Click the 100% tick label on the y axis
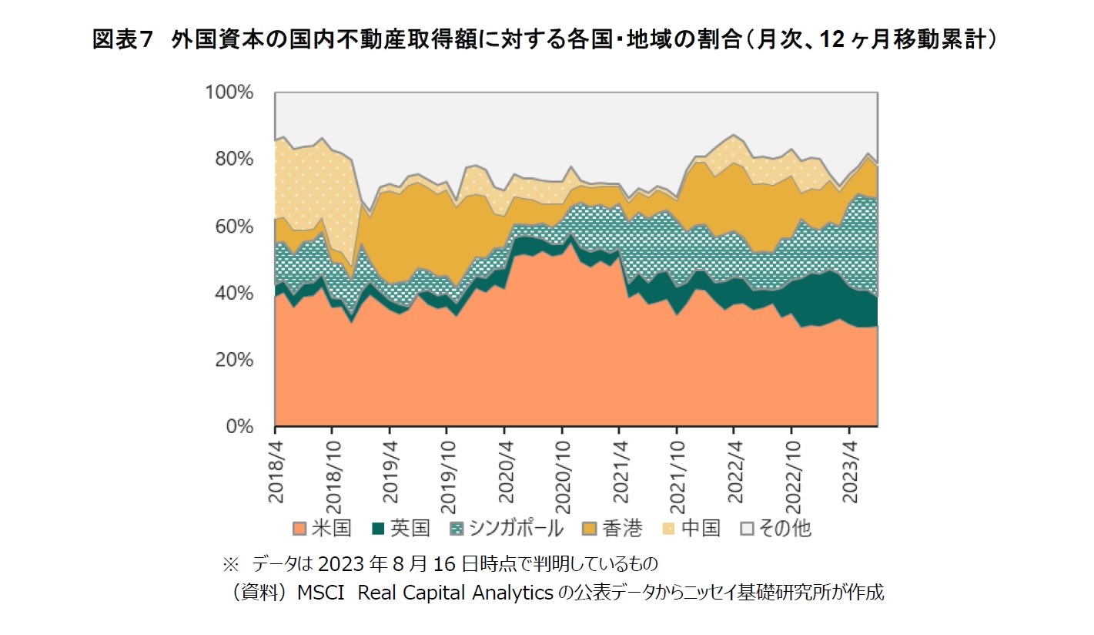click(x=229, y=92)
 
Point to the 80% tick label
click(x=233, y=160)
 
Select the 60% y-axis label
click(x=233, y=227)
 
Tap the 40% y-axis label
click(x=233, y=294)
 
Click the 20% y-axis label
click(x=233, y=360)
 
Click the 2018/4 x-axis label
click(x=275, y=472)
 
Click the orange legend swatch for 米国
click(x=299, y=529)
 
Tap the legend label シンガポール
click(x=515, y=529)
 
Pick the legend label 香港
click(x=623, y=529)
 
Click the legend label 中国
click(x=701, y=529)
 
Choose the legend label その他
click(x=784, y=529)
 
